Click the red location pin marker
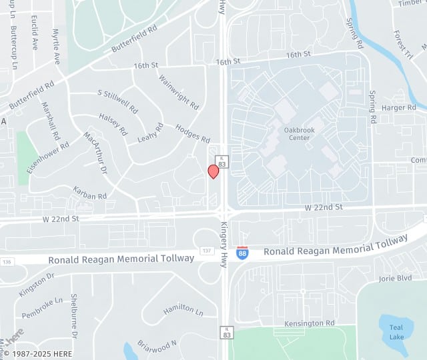tap(213, 171)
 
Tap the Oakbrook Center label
tap(297, 133)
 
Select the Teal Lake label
tap(397, 331)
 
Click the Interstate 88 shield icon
tap(243, 253)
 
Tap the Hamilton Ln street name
tap(183, 309)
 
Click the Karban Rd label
tap(90, 193)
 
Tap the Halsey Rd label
tap(113, 123)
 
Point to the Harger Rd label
tap(398, 107)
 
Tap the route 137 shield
tap(206, 251)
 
